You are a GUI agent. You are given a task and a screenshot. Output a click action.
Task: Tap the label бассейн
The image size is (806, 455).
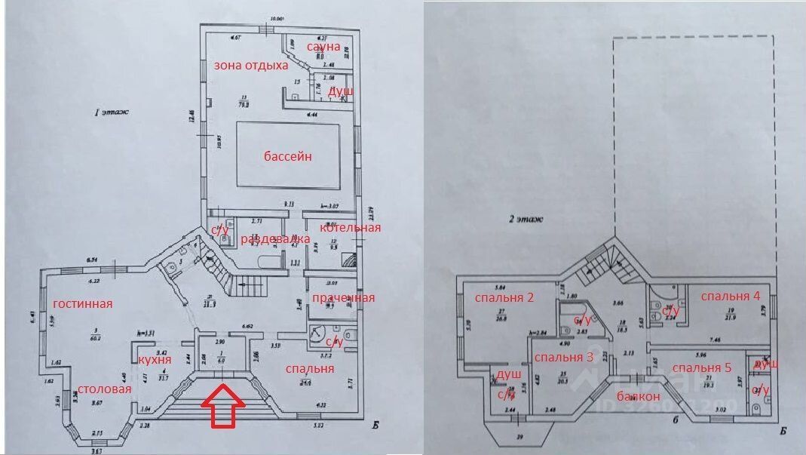tap(288, 157)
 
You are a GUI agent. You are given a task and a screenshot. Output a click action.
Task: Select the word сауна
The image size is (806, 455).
tap(323, 47)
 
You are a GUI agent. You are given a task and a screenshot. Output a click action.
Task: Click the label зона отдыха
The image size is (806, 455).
tap(251, 66)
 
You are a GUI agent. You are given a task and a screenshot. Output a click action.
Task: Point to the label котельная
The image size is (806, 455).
tap(349, 227)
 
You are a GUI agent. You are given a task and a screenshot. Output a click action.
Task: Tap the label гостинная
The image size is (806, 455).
tap(82, 304)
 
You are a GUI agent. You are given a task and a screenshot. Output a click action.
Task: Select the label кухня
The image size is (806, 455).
tap(154, 359)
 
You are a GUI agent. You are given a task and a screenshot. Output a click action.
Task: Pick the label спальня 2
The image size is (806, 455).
tap(504, 297)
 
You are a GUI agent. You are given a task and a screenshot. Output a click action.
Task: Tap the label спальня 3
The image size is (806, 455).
tap(563, 357)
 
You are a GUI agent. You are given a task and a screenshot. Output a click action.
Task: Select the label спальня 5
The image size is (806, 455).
tap(703, 367)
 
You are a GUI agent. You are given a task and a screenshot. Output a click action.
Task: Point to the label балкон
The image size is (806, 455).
tap(638, 396)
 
